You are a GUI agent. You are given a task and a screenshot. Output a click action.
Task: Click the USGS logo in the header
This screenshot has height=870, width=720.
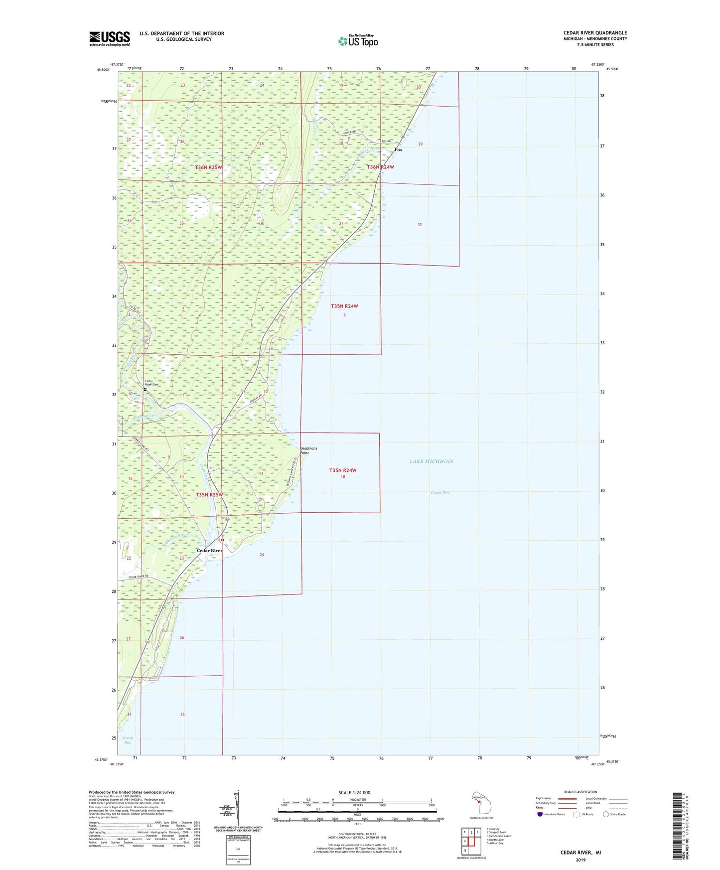(x=110, y=38)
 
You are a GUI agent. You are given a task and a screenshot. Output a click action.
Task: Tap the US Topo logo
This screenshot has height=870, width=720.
(x=358, y=41)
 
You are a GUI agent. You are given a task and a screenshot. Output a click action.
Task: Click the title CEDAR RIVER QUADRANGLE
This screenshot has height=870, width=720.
(x=595, y=33)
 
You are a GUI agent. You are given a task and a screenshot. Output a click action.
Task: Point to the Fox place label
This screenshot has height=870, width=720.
(x=398, y=150)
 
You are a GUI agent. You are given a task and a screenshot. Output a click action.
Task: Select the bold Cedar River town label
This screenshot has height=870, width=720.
(x=209, y=551)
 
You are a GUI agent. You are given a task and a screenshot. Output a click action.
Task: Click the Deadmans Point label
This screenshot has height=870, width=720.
(x=308, y=450)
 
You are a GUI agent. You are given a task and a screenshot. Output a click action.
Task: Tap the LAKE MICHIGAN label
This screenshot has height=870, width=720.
(x=431, y=461)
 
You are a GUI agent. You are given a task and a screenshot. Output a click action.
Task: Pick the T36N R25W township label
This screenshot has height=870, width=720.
(x=208, y=167)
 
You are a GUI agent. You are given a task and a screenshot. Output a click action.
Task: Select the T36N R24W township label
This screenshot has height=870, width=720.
(x=380, y=167)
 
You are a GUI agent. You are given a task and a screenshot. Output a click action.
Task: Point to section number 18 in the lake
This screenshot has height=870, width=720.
(x=343, y=477)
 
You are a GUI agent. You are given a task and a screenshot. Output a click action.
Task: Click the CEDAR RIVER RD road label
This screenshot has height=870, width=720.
(x=139, y=577)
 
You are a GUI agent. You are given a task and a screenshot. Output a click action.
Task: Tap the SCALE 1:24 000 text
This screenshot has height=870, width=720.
(x=354, y=793)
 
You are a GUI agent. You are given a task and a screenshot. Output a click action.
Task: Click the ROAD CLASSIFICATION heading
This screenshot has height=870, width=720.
(x=580, y=792)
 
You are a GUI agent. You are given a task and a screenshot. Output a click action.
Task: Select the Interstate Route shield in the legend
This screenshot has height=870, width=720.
(x=540, y=814)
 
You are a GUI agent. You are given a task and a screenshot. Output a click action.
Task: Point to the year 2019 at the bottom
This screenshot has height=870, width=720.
(x=580, y=860)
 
